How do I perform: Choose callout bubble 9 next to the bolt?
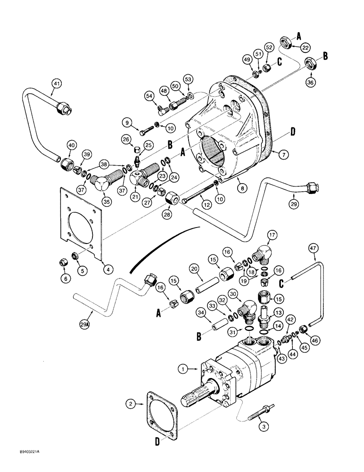(127, 123)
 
